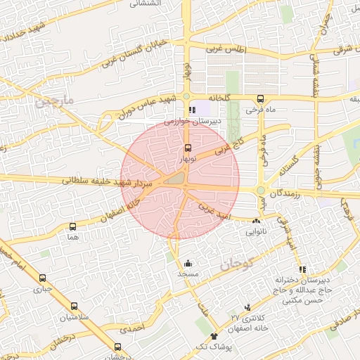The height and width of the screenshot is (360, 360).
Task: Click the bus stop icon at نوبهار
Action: tap(187, 148)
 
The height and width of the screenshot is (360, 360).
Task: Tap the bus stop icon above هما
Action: tap(72, 226)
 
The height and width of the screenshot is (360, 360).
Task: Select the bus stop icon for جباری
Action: tap(42, 278)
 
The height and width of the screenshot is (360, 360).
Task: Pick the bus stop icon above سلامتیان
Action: tap(74, 307)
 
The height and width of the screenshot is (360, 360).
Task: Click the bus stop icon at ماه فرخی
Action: tap(261, 99)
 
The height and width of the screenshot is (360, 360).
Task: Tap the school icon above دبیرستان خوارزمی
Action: tap(192, 110)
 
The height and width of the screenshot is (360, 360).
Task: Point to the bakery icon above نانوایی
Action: tap(255, 221)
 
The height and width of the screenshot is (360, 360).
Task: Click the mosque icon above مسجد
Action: tap(187, 263)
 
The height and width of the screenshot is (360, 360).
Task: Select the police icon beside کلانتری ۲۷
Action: tap(247, 307)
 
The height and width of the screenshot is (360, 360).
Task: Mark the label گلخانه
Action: tap(214, 98)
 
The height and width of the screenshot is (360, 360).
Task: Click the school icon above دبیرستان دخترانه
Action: tap(302, 269)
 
